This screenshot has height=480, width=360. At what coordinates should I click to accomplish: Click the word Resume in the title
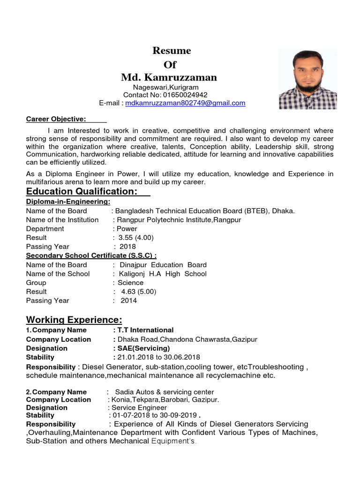pyautogui.click(x=172, y=51)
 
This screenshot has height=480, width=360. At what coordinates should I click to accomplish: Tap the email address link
pyautogui.click(x=185, y=103)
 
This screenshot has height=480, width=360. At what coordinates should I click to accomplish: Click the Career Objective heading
pyautogui.click(x=56, y=119)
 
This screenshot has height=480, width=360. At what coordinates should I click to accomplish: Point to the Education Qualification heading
pyautogui.click(x=82, y=191)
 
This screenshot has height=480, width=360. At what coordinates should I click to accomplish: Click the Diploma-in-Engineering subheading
pyautogui.click(x=68, y=202)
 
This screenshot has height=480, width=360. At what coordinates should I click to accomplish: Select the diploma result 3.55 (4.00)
pyautogui.click(x=136, y=238)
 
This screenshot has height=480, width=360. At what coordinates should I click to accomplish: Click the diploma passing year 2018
pyautogui.click(x=128, y=247)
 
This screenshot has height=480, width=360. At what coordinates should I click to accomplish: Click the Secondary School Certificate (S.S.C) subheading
pyautogui.click(x=91, y=255)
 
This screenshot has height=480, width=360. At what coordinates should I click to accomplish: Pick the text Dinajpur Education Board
pyautogui.click(x=163, y=265)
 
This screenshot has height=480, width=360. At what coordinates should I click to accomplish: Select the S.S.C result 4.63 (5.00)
pyautogui.click(x=138, y=292)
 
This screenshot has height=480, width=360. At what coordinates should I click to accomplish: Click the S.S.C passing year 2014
pyautogui.click(x=129, y=300)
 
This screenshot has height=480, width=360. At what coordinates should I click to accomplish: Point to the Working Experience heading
pyautogui.click(x=74, y=320)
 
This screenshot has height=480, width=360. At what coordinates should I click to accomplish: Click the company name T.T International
pyautogui.click(x=145, y=330)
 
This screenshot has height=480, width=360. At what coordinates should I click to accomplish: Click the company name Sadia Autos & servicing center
pyautogui.click(x=165, y=392)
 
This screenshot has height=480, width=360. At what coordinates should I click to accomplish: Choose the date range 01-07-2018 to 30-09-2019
pyautogui.click(x=154, y=415)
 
